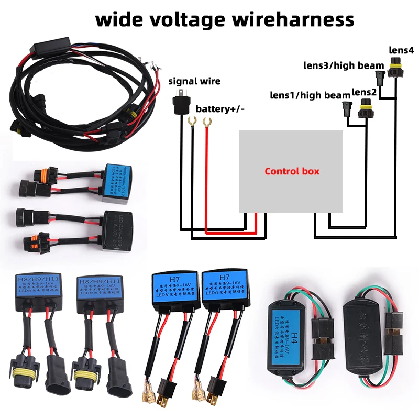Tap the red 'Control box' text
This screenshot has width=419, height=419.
tap(292, 171)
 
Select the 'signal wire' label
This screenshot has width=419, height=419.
tap(194, 81)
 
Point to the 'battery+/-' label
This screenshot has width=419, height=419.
tap(220, 109)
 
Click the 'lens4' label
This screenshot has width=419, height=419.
tap(401, 50)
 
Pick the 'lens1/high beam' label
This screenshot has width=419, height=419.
tap(310, 95)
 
